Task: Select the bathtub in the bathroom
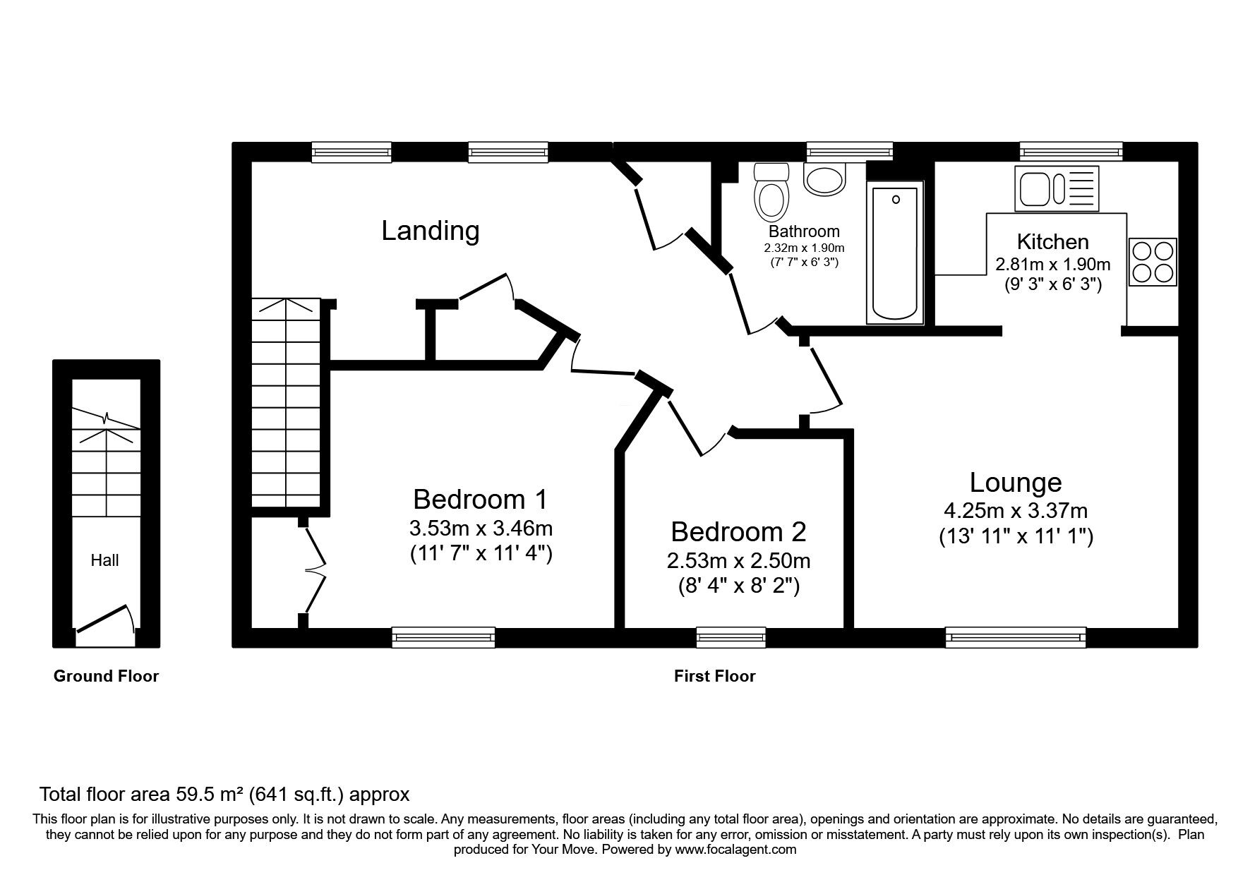pyautogui.click(x=895, y=253)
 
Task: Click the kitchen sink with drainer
pyautogui.click(x=1057, y=188)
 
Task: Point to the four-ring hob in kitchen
pyautogui.click(x=1153, y=262)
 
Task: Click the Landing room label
pyautogui.click(x=431, y=231)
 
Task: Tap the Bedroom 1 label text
pyautogui.click(x=480, y=500)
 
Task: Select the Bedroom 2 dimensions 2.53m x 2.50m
pyautogui.click(x=738, y=561)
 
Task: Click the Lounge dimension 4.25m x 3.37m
pyautogui.click(x=1015, y=510)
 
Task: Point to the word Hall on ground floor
pyautogui.click(x=104, y=560)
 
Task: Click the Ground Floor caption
pyautogui.click(x=106, y=676)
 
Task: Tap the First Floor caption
pyautogui.click(x=714, y=676)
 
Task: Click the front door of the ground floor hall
pyautogui.click(x=104, y=619)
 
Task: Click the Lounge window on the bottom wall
pyautogui.click(x=1015, y=637)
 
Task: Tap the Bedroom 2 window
pyautogui.click(x=731, y=637)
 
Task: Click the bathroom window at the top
pyautogui.click(x=849, y=151)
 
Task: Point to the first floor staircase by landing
pyautogui.click(x=287, y=402)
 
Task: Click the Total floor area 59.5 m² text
pyautogui.click(x=224, y=795)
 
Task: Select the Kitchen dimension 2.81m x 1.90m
pyautogui.click(x=1052, y=265)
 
